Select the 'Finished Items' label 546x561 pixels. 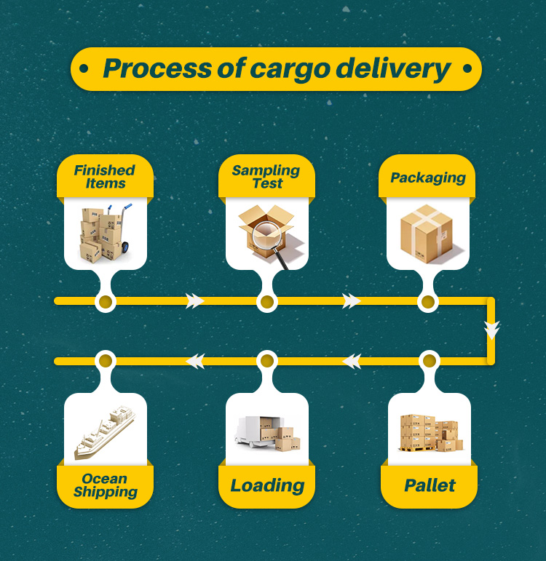[105, 177]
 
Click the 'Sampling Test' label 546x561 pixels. [266, 177]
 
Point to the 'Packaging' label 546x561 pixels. [428, 178]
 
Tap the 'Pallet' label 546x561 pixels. [430, 485]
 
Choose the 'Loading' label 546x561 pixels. [267, 485]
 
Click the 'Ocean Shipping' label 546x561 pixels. [106, 485]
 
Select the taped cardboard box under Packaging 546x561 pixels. [427, 232]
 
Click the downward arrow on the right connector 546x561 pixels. [492, 330]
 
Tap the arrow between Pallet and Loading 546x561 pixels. [352, 360]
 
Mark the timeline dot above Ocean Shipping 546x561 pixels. [106, 360]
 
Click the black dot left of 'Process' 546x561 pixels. [84, 69]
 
